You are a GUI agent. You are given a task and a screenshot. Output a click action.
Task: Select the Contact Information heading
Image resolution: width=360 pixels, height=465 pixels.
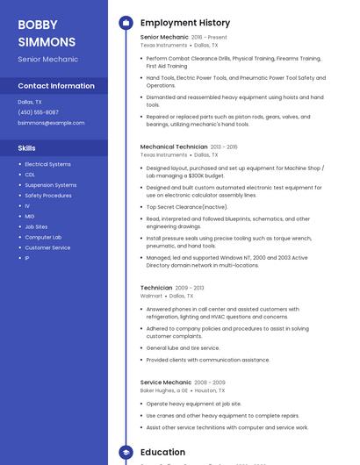coord(56,86)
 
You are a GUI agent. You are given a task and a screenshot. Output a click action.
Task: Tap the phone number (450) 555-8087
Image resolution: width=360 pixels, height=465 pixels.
coord(38,112)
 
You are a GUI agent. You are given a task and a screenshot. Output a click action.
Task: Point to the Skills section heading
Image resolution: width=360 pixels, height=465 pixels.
coord(27,148)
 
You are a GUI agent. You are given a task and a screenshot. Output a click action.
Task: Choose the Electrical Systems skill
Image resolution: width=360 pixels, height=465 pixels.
coord(47,164)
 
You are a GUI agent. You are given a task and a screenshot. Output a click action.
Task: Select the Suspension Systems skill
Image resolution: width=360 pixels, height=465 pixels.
coord(50,185)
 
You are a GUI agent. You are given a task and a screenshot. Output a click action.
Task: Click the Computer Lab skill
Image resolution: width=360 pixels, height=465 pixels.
coord(43,237)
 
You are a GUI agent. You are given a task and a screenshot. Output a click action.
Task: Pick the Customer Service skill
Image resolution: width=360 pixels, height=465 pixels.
coord(47,247)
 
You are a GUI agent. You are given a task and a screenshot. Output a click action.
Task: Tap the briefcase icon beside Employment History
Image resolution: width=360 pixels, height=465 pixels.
coord(126,23)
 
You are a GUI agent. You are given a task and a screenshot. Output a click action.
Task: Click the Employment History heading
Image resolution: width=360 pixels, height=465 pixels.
coord(185,23)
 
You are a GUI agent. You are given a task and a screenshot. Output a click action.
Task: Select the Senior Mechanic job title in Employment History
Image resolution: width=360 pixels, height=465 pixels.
coord(164,38)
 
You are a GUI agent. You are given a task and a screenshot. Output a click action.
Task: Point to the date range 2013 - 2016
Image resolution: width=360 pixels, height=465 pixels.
coord(224,147)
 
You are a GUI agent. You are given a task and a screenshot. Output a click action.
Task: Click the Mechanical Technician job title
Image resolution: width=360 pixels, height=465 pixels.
coord(174,147)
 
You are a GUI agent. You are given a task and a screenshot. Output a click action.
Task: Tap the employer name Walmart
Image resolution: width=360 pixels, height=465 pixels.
coord(151,297)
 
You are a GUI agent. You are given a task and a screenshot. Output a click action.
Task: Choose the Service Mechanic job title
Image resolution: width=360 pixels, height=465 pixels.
coord(165,383)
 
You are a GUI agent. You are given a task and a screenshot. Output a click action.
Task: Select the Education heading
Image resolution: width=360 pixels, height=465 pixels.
coord(162,453)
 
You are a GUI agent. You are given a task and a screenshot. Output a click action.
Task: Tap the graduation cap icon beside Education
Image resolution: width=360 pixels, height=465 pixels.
coord(126,453)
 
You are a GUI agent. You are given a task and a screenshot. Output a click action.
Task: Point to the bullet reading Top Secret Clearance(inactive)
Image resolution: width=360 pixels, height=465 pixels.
coord(187,207)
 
